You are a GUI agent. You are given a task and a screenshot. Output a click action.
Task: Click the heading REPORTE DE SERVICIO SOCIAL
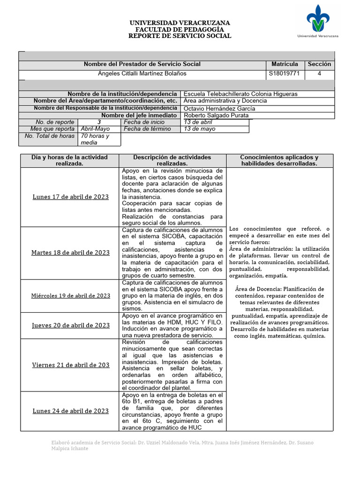click(180, 36)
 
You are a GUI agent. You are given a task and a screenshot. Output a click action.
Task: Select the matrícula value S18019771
click(285, 74)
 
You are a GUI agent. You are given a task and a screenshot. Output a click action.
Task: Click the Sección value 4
click(319, 74)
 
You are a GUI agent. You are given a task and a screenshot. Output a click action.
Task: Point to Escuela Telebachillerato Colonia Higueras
click(240, 94)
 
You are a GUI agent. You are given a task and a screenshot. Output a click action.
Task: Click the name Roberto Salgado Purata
click(216, 115)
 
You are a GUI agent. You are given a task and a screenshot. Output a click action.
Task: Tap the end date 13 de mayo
click(199, 129)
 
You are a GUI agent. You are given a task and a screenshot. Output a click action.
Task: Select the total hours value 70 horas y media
click(95, 139)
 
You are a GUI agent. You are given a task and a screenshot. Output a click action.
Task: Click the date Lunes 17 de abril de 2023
click(70, 197)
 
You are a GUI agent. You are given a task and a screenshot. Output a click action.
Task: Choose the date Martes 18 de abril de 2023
click(70, 253)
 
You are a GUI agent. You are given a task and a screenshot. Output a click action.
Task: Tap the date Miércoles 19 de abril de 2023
click(70, 296)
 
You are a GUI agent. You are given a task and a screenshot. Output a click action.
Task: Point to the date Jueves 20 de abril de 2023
click(70, 325)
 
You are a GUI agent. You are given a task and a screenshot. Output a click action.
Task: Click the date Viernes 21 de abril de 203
click(70, 365)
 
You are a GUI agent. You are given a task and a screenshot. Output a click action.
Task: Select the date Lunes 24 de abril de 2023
click(70, 411)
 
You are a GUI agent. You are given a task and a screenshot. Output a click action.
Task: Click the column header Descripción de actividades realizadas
click(172, 160)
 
